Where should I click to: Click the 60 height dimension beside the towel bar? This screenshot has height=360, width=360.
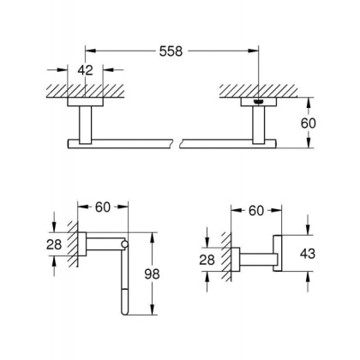tap(319, 123)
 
